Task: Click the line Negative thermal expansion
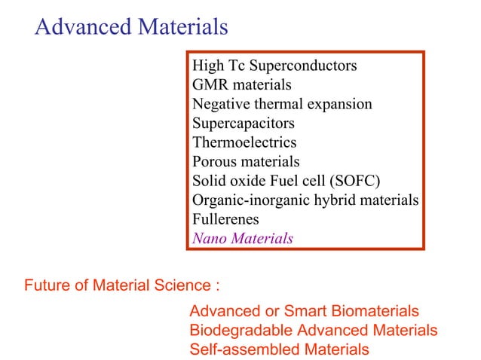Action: (x=282, y=104)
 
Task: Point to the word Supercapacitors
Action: (x=243, y=123)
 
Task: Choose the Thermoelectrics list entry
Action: (x=244, y=142)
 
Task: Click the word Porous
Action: (x=215, y=162)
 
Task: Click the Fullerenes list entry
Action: (x=225, y=220)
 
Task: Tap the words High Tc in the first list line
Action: (x=215, y=66)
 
